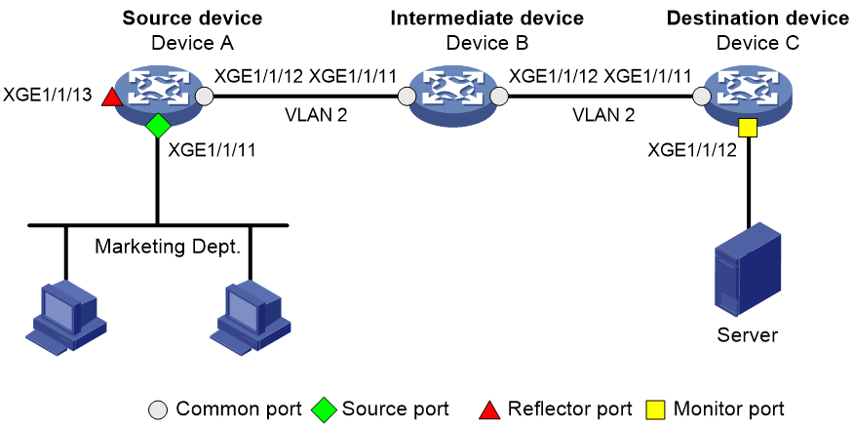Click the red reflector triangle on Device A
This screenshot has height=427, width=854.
pos(113,98)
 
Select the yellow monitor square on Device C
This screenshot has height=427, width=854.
pos(749,129)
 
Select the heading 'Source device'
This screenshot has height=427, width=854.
pos(192,18)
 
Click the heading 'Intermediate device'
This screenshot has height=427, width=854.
pos(487,18)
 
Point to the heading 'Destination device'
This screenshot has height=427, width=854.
pos(757,18)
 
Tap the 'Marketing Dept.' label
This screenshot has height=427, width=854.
pos(168,247)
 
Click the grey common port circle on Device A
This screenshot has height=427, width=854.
pos(205,97)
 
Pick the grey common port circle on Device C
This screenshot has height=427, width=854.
pos(702,97)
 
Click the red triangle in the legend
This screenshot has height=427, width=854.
pos(489,409)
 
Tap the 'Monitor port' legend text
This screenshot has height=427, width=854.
pos(729,408)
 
